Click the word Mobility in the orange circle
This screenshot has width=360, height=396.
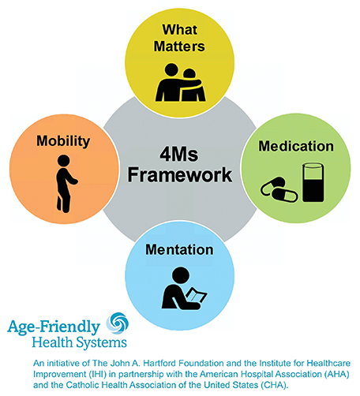(x=63, y=141)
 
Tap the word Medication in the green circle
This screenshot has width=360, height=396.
(x=296, y=146)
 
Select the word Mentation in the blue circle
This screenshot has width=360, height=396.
(x=179, y=249)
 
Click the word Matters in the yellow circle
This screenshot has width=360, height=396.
(x=179, y=47)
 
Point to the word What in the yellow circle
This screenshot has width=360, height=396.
(x=180, y=29)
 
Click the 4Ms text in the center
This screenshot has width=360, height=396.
(x=179, y=155)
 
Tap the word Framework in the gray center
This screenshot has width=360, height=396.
(x=180, y=175)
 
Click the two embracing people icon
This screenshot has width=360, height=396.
(x=180, y=82)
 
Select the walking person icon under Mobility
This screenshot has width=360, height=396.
(x=66, y=184)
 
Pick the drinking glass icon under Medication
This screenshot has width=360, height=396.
(x=313, y=182)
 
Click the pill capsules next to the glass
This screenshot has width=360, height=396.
(x=279, y=189)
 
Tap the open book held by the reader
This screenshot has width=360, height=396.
(x=197, y=295)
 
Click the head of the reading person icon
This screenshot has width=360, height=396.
(x=181, y=275)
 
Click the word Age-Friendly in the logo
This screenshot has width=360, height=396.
(x=54, y=327)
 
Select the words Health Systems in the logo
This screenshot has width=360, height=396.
(x=79, y=343)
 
